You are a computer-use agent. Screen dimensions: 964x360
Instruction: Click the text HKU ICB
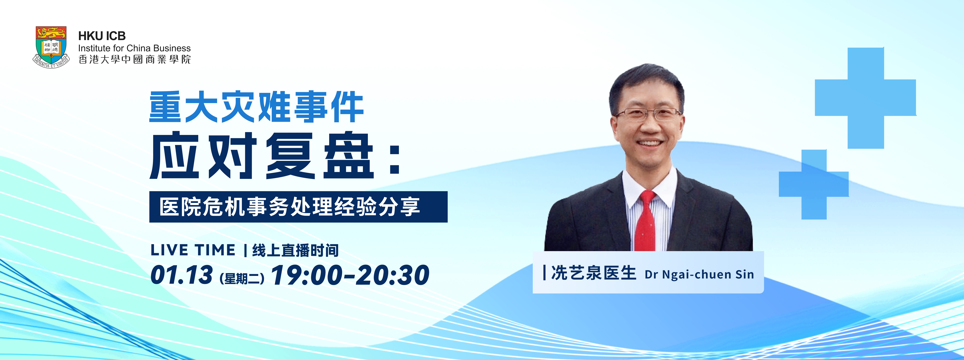[102, 36]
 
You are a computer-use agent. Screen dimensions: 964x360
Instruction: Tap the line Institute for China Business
[134, 48]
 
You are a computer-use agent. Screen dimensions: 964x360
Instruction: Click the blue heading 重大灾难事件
[256, 107]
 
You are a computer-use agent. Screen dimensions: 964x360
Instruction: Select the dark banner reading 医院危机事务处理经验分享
[298, 207]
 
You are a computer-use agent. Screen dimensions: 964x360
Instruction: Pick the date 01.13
[181, 275]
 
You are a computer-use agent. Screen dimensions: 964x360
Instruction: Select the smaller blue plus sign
[814, 184]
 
